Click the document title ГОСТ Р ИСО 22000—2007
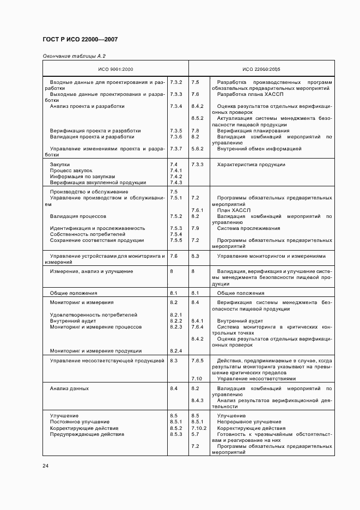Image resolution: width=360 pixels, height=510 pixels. coord(80,40)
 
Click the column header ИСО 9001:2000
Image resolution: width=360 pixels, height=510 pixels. coord(115,69)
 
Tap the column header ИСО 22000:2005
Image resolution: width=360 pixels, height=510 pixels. coord(261,69)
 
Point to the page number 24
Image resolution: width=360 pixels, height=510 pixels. coord(46,465)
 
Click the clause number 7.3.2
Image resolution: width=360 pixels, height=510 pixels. coord(175,82)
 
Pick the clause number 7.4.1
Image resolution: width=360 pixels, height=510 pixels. coord(175,171)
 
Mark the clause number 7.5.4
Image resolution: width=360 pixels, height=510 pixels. coord(175,234)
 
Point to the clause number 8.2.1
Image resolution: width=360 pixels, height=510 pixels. coord(175,315)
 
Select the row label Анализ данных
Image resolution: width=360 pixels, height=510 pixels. coord(69,388)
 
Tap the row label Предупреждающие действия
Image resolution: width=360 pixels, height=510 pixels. coord(87,434)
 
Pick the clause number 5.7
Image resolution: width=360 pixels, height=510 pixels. coord(195,434)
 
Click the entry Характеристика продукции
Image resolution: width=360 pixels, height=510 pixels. coord(251,165)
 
